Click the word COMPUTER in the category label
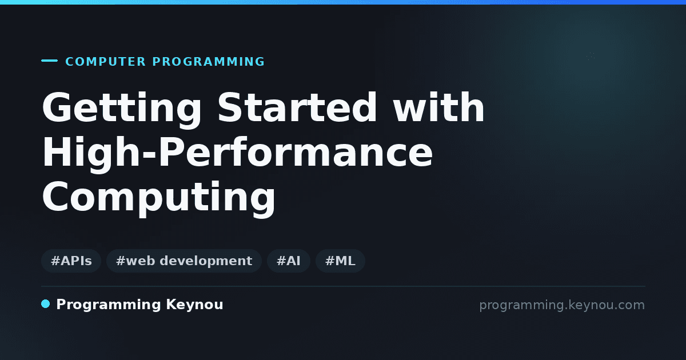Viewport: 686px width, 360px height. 106,62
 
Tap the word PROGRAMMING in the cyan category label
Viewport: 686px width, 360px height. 208,62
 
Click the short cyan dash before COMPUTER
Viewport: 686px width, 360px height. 49,61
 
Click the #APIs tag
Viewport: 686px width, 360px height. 71,261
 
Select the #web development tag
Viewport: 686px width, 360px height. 184,261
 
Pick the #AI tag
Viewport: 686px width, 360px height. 289,261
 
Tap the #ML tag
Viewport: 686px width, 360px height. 340,261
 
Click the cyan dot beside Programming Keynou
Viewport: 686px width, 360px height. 45,304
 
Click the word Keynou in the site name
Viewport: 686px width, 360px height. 194,305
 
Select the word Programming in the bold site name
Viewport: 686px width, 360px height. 109,305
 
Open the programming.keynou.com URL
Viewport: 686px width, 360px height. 562,305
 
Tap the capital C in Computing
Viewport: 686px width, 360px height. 55,196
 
